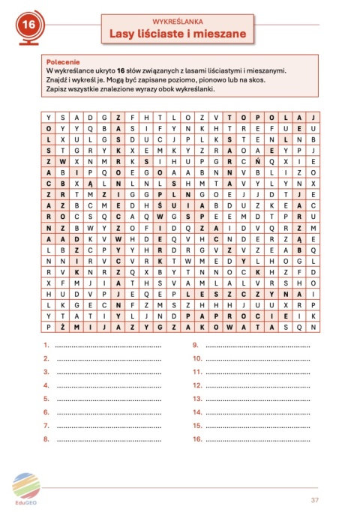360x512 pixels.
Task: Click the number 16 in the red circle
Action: click(x=29, y=26)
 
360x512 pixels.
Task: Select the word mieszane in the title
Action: click(x=219, y=32)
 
